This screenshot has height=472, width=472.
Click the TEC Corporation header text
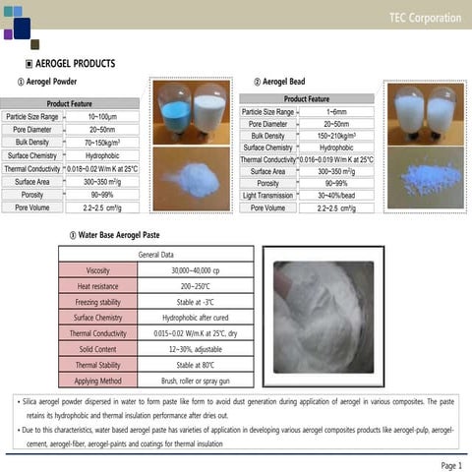coord(424,18)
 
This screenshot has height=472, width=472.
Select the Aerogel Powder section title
coord(45,82)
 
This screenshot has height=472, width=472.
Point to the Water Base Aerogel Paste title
coord(116,236)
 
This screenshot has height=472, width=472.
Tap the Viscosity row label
coord(98,269)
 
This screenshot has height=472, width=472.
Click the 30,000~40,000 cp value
coord(196,269)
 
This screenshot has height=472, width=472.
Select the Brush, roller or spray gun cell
coord(196,381)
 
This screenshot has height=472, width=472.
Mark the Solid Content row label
coord(98,349)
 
